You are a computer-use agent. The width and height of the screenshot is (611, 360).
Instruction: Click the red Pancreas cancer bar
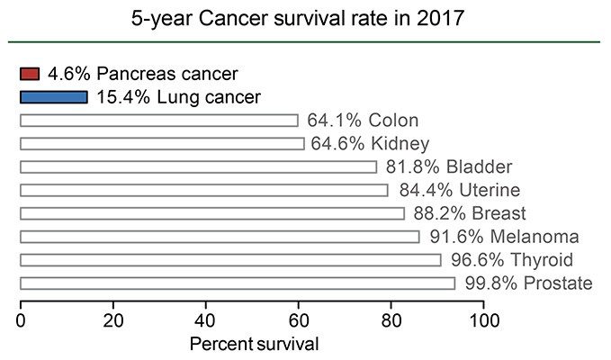click(30, 74)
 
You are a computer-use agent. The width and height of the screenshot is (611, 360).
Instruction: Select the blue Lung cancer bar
click(53, 97)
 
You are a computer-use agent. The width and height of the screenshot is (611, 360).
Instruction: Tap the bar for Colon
click(158, 121)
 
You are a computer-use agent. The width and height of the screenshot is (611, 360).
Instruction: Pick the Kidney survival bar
click(162, 144)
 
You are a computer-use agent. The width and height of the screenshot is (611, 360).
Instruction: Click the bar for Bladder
click(198, 167)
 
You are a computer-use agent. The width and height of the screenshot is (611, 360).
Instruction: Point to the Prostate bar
click(238, 284)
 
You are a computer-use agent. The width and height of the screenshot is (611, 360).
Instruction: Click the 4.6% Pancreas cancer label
click(143, 74)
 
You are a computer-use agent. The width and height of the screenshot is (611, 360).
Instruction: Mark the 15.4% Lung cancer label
click(178, 97)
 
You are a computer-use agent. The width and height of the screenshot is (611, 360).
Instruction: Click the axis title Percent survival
click(254, 344)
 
